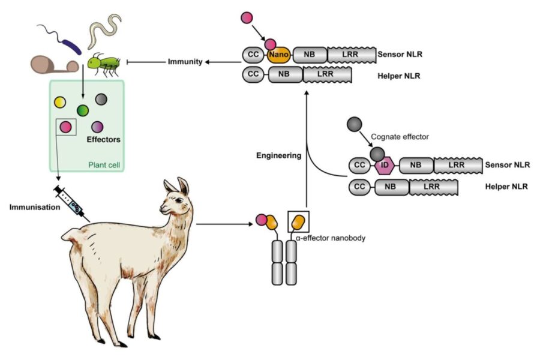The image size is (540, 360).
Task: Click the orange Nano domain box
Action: click(x=278, y=55)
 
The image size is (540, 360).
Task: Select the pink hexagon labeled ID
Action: click(x=385, y=166)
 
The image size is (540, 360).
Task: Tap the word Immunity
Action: click(x=185, y=62)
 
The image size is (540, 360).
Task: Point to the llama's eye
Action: click(x=179, y=200)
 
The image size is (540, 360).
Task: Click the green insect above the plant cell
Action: click(x=104, y=65)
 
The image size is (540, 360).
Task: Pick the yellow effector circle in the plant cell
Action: click(x=60, y=103)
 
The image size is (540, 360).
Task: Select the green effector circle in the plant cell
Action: click(x=83, y=110)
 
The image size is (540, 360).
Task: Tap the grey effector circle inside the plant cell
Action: click(x=101, y=99)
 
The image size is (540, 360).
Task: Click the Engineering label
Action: click(x=278, y=155)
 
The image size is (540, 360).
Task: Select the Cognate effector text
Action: click(x=400, y=137)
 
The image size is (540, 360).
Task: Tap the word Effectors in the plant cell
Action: click(x=103, y=140)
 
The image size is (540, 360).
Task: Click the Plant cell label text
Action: click(x=104, y=165)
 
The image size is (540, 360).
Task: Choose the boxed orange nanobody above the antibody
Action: click(x=298, y=222)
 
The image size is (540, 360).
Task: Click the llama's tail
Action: click(x=70, y=235)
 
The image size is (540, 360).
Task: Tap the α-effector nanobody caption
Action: click(x=330, y=238)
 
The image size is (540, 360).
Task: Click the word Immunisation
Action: click(x=34, y=208)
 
